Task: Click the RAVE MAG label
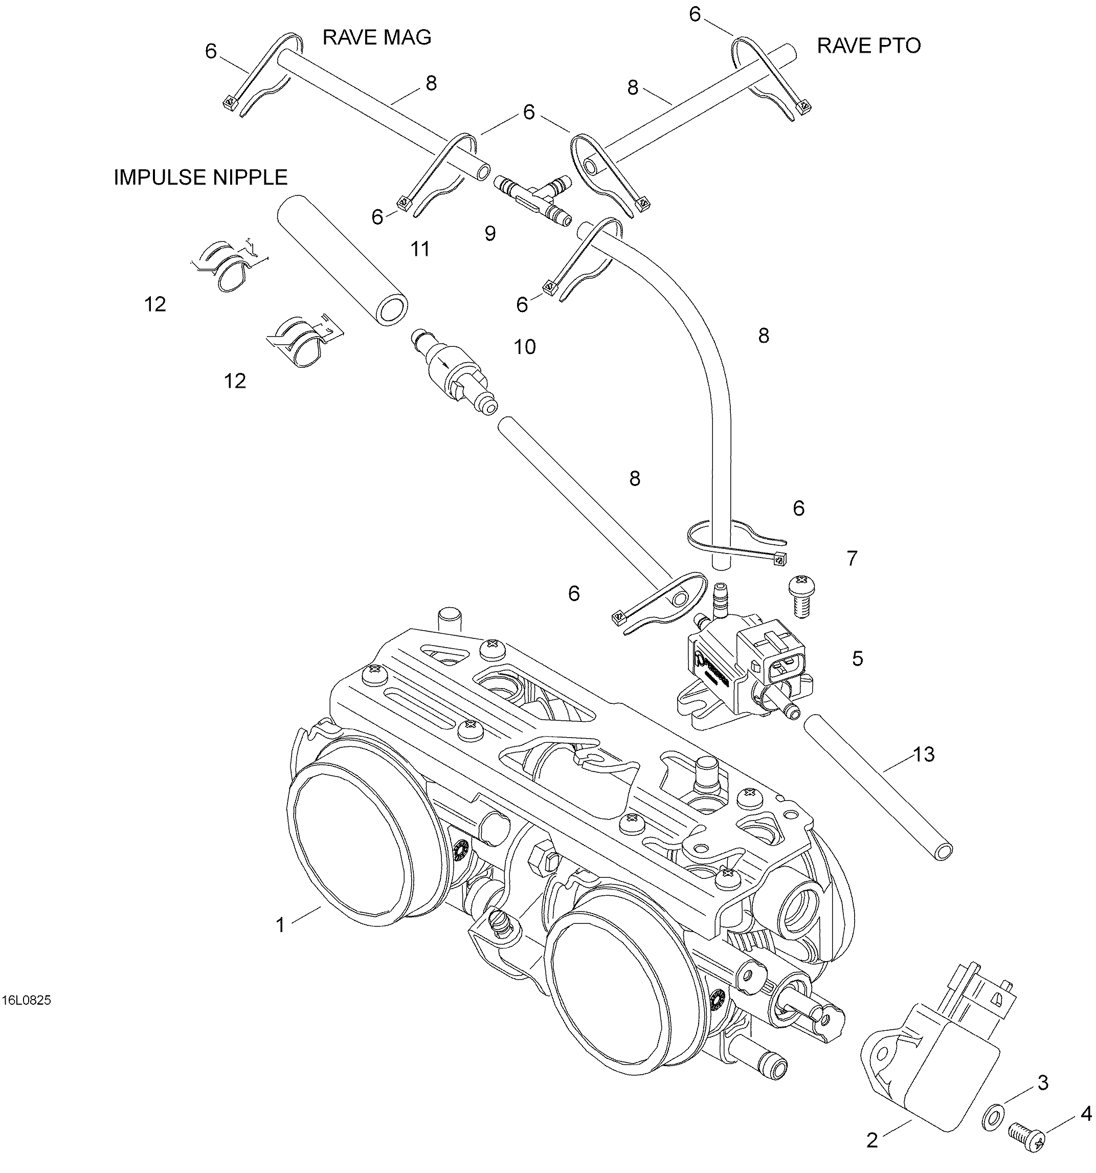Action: tap(376, 38)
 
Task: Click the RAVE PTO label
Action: tap(868, 46)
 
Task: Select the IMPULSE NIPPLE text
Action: tap(200, 177)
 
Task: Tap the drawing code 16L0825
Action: tap(27, 1000)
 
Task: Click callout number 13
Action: tap(924, 754)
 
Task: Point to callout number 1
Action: tap(281, 924)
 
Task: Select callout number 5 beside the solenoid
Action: tap(857, 658)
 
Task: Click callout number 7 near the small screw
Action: tap(852, 558)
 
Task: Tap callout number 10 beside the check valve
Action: tap(524, 347)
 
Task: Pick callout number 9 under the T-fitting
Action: tap(490, 234)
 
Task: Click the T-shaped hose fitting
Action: tap(531, 197)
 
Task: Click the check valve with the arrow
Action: tap(454, 372)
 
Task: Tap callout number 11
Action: tap(420, 250)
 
